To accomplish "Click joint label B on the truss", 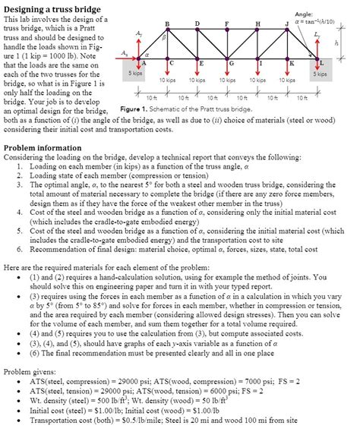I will click(x=167, y=25).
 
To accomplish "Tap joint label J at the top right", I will click(x=286, y=25).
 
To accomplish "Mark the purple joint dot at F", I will click(x=227, y=32).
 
